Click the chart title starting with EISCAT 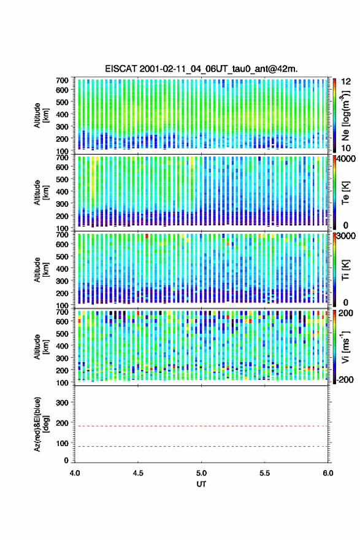(x=201, y=69)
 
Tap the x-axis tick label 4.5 (x=138, y=473)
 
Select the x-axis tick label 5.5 (x=265, y=473)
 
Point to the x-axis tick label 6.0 (x=328, y=473)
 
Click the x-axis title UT (x=201, y=484)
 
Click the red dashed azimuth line (x=201, y=426)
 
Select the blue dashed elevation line (x=201, y=446)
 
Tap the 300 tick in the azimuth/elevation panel (x=63, y=403)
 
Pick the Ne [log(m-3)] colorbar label (x=346, y=115)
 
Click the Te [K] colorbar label (x=346, y=193)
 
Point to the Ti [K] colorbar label (x=346, y=270)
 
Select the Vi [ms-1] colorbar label (x=346, y=347)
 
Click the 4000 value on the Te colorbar (x=346, y=159)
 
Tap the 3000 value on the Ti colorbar (x=346, y=236)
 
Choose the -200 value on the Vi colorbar (x=345, y=380)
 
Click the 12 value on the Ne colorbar (x=346, y=82)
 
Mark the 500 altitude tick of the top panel (x=63, y=102)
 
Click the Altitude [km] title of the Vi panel (x=42, y=347)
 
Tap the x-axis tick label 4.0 (x=75, y=473)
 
